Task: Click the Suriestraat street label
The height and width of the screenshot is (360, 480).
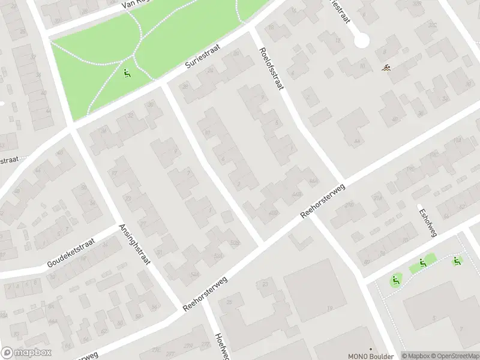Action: tap(203, 62)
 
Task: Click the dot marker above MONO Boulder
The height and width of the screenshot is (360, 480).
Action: tap(370, 349)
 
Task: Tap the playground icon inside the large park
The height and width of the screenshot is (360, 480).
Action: tap(127, 74)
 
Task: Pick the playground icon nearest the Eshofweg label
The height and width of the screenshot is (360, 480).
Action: tap(423, 262)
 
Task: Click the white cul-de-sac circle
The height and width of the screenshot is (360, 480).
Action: tap(361, 40)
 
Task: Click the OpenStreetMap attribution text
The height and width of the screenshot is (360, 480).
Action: tap(455, 356)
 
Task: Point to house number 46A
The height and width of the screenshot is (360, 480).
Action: tap(313, 181)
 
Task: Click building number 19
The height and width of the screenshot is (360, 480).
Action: tap(329, 308)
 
